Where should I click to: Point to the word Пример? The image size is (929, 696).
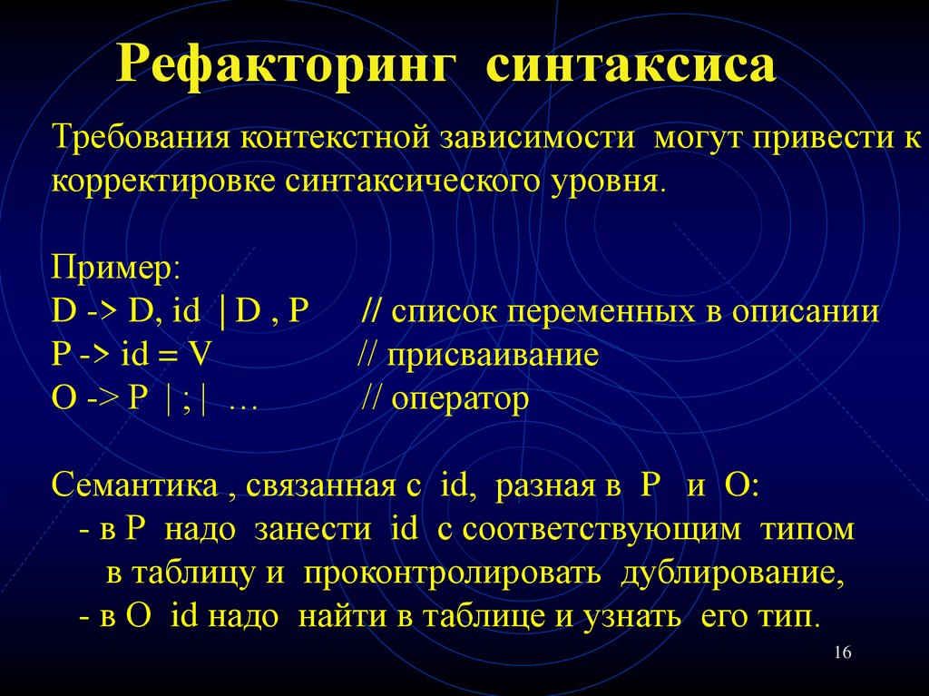point(116,269)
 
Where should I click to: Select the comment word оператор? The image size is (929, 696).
point(459,398)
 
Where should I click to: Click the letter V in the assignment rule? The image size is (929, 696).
point(198,355)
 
